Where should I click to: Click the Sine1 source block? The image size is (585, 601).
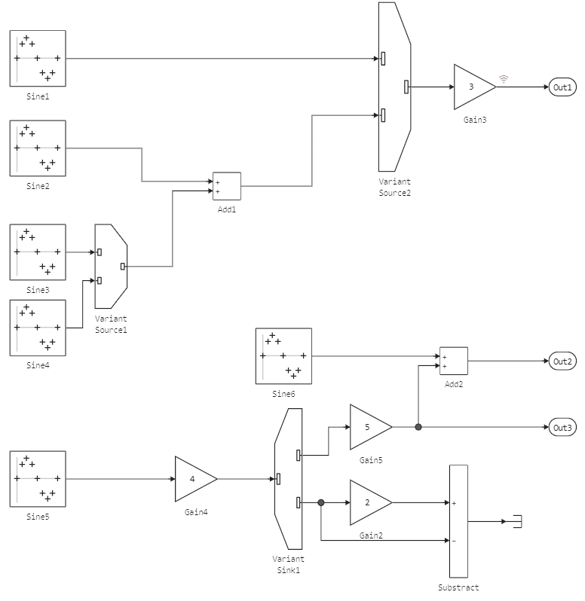pos(38,58)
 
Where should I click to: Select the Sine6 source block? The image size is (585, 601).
pos(283,355)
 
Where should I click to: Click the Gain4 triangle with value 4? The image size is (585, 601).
pos(194,479)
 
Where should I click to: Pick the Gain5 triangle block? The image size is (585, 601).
pos(369,426)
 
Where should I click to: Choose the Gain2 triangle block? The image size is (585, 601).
pos(369,502)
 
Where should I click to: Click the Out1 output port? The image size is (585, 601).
pos(562,87)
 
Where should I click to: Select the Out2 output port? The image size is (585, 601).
pos(562,362)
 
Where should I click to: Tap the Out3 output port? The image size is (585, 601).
pos(562,428)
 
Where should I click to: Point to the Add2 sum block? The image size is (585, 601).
pos(453,361)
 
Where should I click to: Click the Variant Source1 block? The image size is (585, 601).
pos(111,266)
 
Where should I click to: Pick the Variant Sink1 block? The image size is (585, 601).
pos(289,479)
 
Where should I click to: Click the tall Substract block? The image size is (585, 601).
pos(458,521)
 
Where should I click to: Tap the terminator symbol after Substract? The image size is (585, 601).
pos(516,521)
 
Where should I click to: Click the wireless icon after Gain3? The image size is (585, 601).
pos(504,78)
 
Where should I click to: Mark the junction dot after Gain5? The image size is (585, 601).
pos(418,427)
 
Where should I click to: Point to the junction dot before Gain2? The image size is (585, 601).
pos(321,502)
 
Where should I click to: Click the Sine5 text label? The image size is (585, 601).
pos(38,517)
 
